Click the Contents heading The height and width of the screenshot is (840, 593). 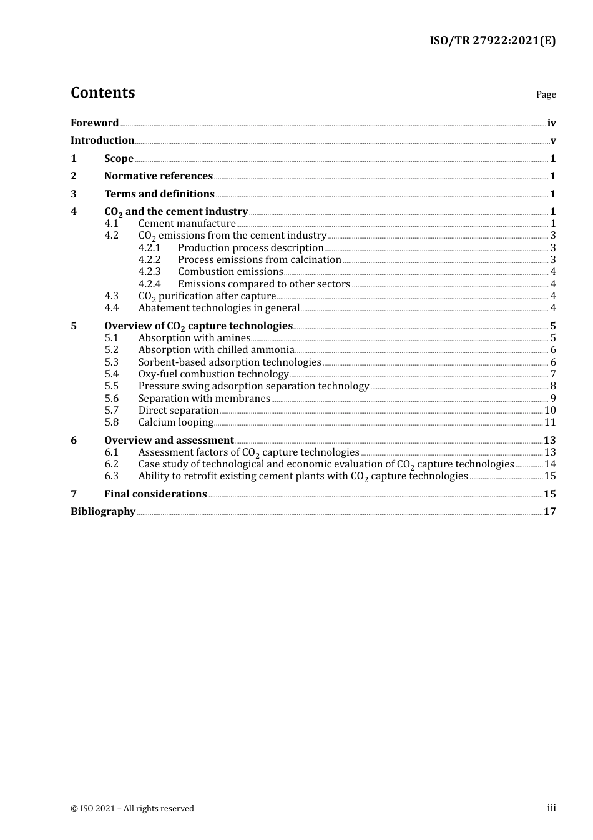point(102,92)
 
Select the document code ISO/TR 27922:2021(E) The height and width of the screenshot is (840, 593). point(492,41)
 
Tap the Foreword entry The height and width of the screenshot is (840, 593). point(94,123)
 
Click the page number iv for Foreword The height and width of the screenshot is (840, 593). point(551,123)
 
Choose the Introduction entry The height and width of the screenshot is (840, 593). point(102,141)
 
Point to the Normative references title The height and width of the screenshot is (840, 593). point(158,176)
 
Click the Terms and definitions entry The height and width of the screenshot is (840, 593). point(159,194)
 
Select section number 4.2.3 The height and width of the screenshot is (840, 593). point(149,272)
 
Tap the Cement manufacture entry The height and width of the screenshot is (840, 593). point(187,224)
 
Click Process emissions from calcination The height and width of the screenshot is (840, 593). point(259,260)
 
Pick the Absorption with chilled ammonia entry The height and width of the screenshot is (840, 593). point(216,350)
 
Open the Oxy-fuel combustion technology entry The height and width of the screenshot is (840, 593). point(213,374)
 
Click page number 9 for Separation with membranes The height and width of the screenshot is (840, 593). point(552,399)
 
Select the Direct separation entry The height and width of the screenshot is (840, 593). point(178,411)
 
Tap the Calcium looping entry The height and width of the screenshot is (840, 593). point(175,422)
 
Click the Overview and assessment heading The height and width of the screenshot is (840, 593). point(169,441)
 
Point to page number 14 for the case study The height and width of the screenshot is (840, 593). point(550,464)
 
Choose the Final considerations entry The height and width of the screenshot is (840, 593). point(155,494)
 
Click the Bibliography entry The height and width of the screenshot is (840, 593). point(103,512)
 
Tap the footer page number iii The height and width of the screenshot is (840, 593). point(551,808)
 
